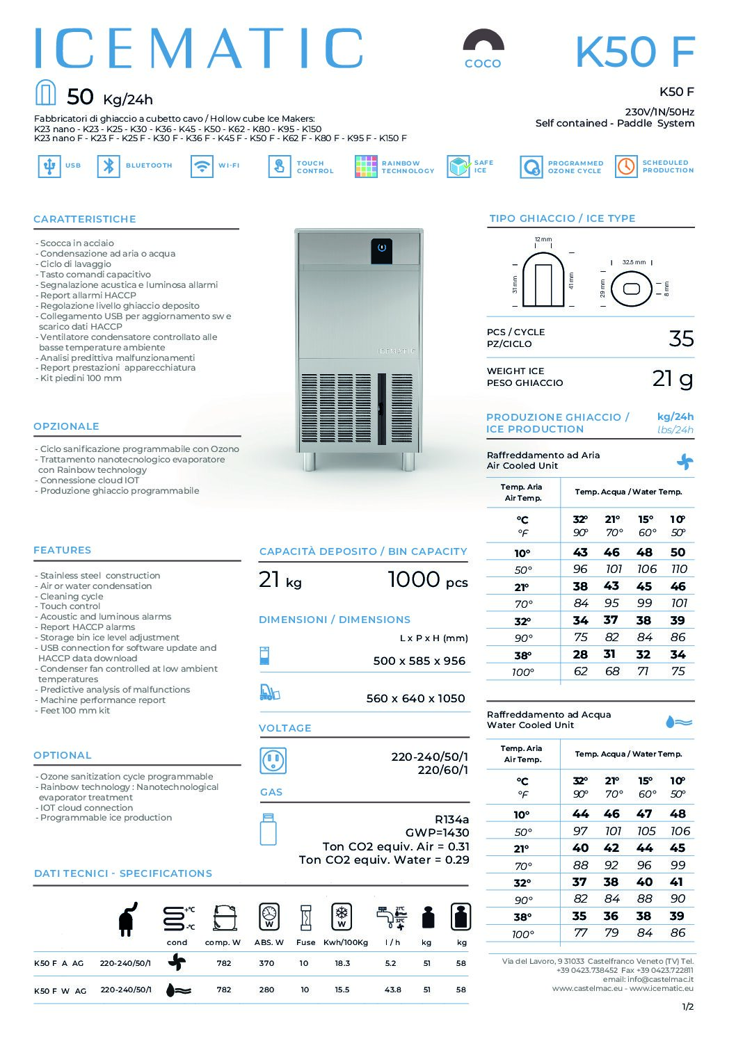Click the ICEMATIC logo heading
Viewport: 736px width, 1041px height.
pos(198,49)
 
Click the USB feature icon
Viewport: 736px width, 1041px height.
pos(49,166)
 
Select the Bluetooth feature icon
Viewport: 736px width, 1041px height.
pos(109,166)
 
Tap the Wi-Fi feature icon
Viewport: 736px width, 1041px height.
pos(202,166)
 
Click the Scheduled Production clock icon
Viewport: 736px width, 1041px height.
pos(626,166)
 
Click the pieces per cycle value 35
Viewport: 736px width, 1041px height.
pos(681,339)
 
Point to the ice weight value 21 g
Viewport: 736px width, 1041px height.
pos(673,378)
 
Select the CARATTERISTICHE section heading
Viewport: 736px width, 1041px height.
pos(85,219)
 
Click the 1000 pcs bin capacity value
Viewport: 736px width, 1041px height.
pos(427,580)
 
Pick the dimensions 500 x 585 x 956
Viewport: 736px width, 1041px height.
pos(419,661)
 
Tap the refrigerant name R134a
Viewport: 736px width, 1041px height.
pos(451,819)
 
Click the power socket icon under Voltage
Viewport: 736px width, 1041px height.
pos(273,761)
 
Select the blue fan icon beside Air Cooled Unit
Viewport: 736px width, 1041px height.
pos(685,461)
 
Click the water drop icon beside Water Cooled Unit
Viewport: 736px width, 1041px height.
pos(678,722)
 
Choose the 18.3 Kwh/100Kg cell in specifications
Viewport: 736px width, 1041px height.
pos(342,963)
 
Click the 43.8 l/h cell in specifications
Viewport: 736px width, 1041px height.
pos(392,990)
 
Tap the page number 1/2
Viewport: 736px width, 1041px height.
pos(687,1006)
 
